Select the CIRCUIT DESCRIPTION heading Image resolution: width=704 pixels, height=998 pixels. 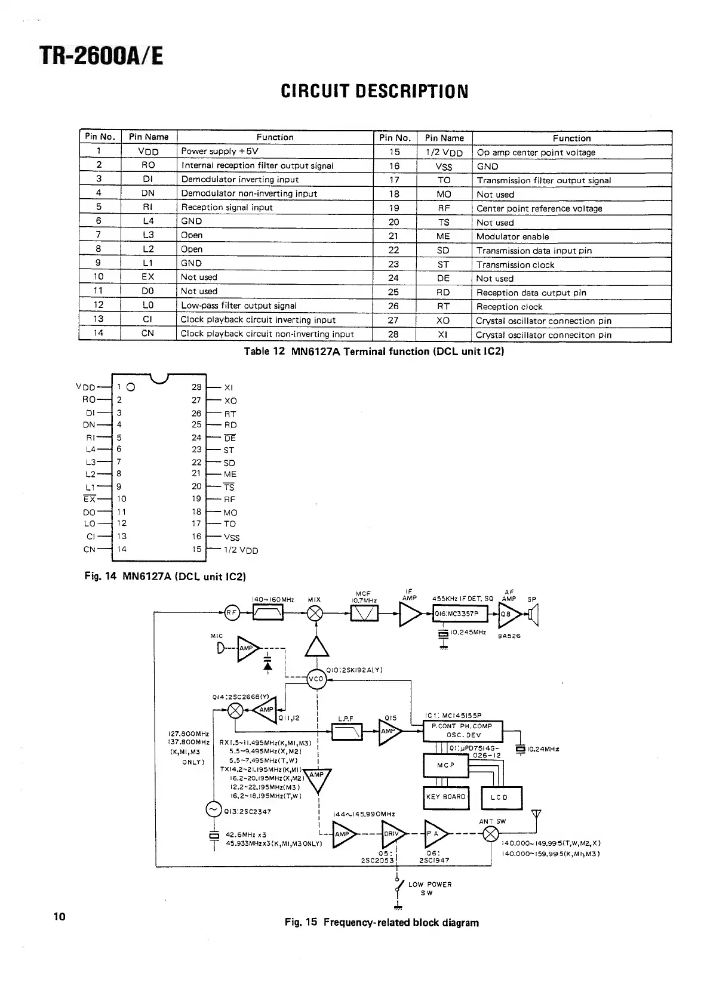pyautogui.click(x=374, y=91)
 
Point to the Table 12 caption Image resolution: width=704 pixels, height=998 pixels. pyautogui.click(x=374, y=352)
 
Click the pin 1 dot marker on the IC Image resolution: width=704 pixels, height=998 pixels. pyautogui.click(x=131, y=386)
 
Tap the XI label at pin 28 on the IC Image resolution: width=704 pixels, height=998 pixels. pyautogui.click(x=228, y=388)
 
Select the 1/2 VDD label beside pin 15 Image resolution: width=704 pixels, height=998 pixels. pyautogui.click(x=241, y=550)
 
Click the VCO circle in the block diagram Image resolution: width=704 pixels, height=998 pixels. pyautogui.click(x=316, y=679)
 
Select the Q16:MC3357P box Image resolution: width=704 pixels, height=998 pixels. pyautogui.click(x=460, y=614)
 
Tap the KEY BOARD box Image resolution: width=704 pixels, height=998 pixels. pyautogui.click(x=445, y=797)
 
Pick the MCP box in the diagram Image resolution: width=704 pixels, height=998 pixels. pyautogui.click(x=445, y=765)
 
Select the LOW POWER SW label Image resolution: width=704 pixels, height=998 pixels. pyautogui.click(x=429, y=888)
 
